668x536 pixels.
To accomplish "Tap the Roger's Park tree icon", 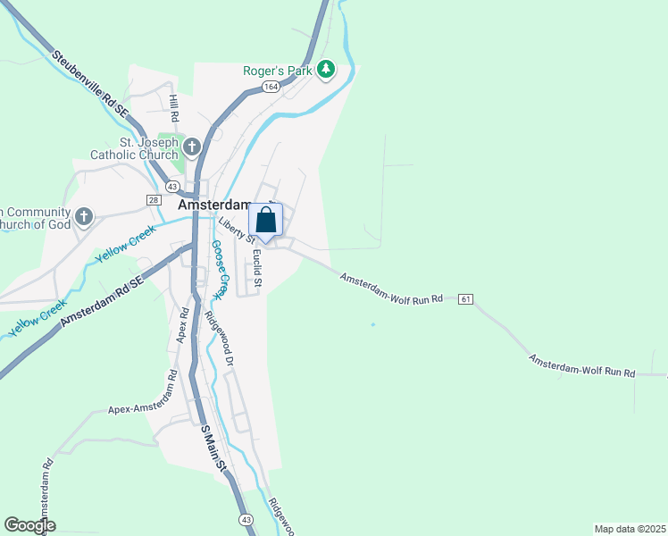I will click(326, 69).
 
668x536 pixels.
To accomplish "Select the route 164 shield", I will click(271, 87).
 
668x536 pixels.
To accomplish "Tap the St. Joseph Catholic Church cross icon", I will click(192, 145).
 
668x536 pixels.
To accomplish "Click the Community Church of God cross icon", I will click(84, 216).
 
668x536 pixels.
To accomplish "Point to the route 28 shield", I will click(154, 199).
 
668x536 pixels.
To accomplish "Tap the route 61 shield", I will click(465, 298).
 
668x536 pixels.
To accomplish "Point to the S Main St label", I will click(214, 452).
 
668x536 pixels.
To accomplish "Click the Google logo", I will click(29, 525).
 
